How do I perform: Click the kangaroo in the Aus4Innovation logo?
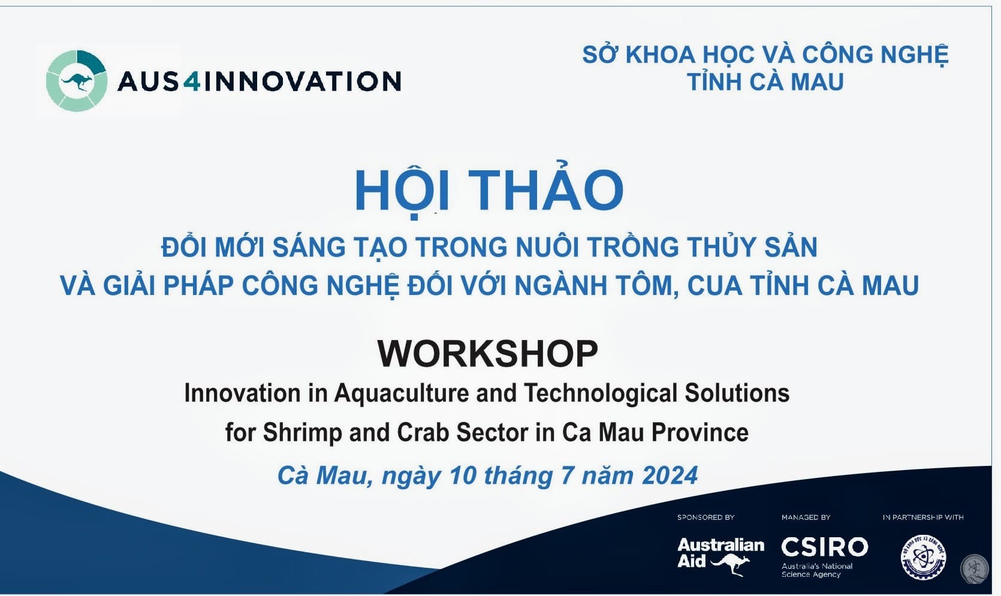pyautogui.click(x=77, y=82)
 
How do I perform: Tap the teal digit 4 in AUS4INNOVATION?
pyautogui.click(x=192, y=81)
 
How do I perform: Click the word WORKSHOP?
pyautogui.click(x=487, y=354)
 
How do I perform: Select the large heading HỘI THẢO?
pyautogui.click(x=489, y=190)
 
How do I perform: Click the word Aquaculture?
pyautogui.click(x=401, y=393)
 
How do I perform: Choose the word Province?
pyautogui.click(x=700, y=432)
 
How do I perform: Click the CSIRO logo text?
pyautogui.click(x=825, y=547)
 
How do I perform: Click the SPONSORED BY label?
pyautogui.click(x=705, y=517)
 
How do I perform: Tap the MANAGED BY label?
pyautogui.click(x=806, y=517)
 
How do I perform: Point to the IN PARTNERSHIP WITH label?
pyautogui.click(x=923, y=517)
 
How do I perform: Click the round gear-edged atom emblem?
pyautogui.click(x=923, y=558)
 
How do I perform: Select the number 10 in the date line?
pyautogui.click(x=463, y=475)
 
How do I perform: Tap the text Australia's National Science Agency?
pyautogui.click(x=817, y=570)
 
